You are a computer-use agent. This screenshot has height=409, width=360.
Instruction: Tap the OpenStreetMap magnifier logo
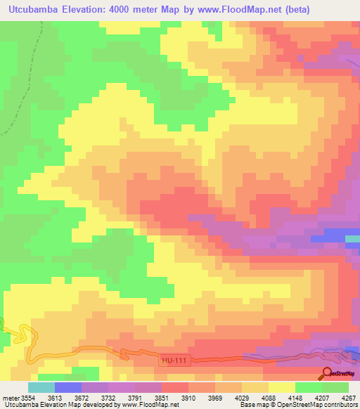point(328,372)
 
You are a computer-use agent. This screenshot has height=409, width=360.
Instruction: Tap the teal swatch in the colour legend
point(41,387)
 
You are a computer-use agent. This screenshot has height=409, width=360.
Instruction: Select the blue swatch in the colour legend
point(68,387)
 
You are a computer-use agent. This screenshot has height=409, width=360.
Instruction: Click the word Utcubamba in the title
point(32,9)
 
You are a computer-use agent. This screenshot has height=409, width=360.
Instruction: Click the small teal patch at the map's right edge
point(353,239)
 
